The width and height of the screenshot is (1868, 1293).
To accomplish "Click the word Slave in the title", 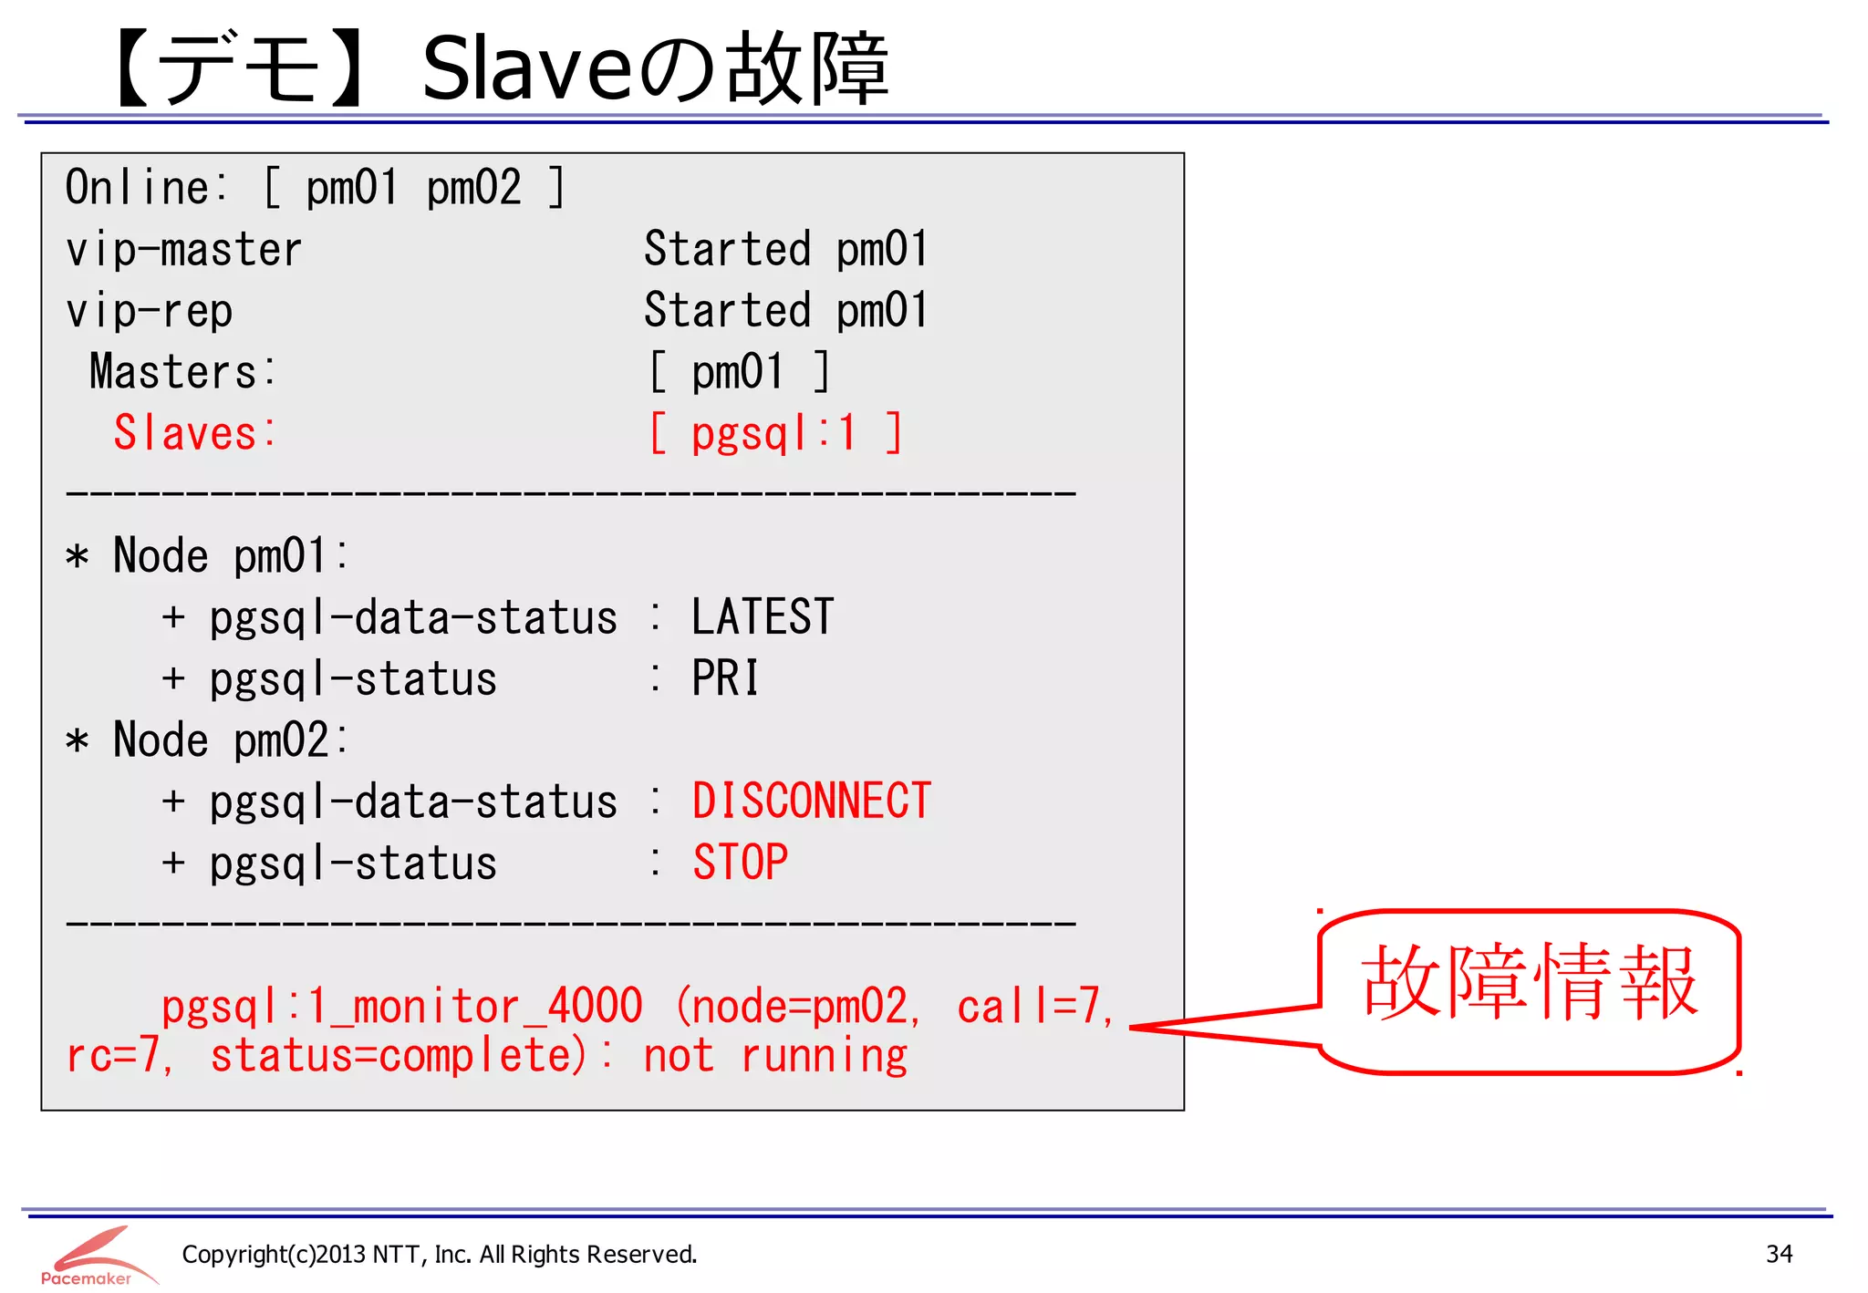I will click(526, 68).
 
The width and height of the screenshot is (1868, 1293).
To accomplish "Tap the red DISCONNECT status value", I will click(811, 802).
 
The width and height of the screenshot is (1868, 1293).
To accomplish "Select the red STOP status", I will click(740, 863).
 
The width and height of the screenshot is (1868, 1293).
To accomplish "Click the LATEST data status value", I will click(763, 617).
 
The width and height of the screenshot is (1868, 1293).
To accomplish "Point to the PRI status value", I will click(725, 678).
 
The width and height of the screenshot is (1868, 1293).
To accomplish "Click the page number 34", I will click(1779, 1254).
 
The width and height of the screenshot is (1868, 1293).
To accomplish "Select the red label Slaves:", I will click(193, 433).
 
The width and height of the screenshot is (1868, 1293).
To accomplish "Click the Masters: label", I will click(182, 372).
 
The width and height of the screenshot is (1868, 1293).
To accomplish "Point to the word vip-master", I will click(183, 250).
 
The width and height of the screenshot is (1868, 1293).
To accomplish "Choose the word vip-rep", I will click(149, 311).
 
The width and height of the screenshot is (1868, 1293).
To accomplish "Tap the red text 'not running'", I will click(775, 1056).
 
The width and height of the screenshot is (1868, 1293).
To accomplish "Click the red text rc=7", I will click(117, 1056).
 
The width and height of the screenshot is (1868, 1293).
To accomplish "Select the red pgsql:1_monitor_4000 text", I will click(401, 1007).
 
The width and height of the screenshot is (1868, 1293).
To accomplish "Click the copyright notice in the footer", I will click(440, 1255).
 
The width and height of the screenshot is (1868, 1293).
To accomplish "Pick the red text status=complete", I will click(398, 1056).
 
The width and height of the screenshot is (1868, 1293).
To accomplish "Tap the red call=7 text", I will click(1033, 1007).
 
